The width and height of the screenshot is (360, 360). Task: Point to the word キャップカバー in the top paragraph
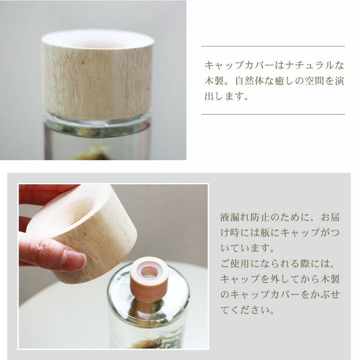239,66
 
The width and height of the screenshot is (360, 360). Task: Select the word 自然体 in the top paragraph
250,81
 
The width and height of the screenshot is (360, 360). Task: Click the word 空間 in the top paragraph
314,81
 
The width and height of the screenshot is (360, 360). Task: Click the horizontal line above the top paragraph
273,46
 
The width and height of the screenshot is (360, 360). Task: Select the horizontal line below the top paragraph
273,114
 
